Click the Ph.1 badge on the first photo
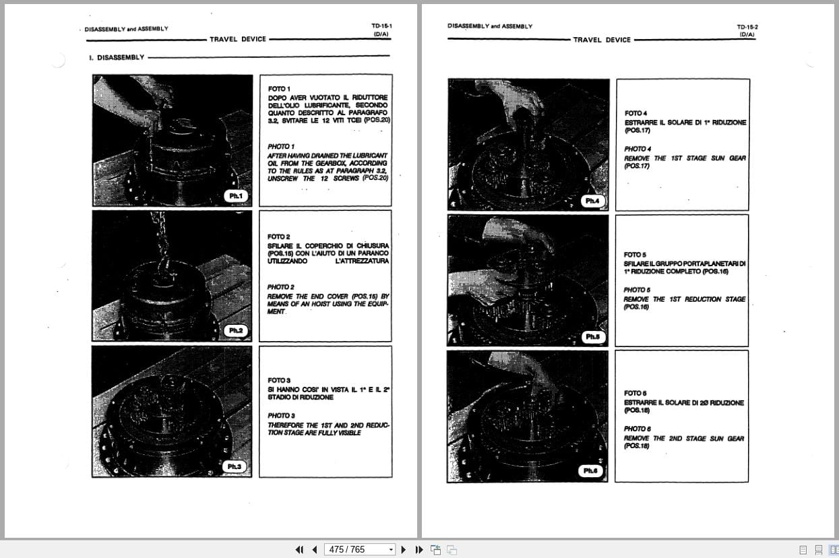[x=235, y=196]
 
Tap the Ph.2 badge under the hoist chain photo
[x=235, y=330]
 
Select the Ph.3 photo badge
[x=234, y=466]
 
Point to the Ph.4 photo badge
[x=592, y=201]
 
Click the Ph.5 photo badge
[x=592, y=336]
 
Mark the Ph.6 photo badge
[x=590, y=470]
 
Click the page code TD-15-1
[x=381, y=26]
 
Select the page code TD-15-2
[x=747, y=27]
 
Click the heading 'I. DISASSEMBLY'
[x=117, y=57]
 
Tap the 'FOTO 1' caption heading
[x=279, y=88]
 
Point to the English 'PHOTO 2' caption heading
[x=280, y=287]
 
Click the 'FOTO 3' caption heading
[x=279, y=381]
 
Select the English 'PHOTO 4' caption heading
[x=637, y=149]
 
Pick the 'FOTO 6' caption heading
[x=635, y=393]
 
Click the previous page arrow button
[x=314, y=550]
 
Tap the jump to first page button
[x=299, y=550]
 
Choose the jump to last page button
[x=418, y=550]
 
